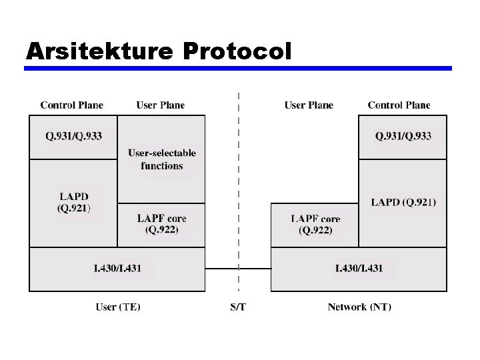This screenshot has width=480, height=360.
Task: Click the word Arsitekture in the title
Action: pos(99,51)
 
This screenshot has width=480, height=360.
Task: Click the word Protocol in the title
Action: pos(236,51)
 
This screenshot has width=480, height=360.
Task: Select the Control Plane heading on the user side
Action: pos(72,105)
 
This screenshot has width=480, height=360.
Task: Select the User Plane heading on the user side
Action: pos(161,105)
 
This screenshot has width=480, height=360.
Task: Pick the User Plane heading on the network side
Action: pos(309,105)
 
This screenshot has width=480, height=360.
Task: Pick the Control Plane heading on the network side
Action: pos(399,105)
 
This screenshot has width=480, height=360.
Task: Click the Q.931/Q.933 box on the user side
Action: pos(73,137)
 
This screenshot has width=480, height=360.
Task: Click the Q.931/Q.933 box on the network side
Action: pos(403,137)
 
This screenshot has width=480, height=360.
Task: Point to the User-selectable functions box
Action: pos(161,159)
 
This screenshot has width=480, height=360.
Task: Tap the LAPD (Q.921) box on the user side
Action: pos(73,202)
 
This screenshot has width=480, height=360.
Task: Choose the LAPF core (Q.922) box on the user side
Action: pos(161,225)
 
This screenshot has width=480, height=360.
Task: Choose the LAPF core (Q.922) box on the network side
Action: pos(315,225)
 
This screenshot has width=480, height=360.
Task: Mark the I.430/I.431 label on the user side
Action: pos(117,268)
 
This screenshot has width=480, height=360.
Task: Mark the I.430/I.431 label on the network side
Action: pos(359,268)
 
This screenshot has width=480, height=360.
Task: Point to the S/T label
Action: pos(238,307)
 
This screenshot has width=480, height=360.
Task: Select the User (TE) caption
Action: pos(118,307)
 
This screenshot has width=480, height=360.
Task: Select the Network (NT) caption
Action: pos(359,307)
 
